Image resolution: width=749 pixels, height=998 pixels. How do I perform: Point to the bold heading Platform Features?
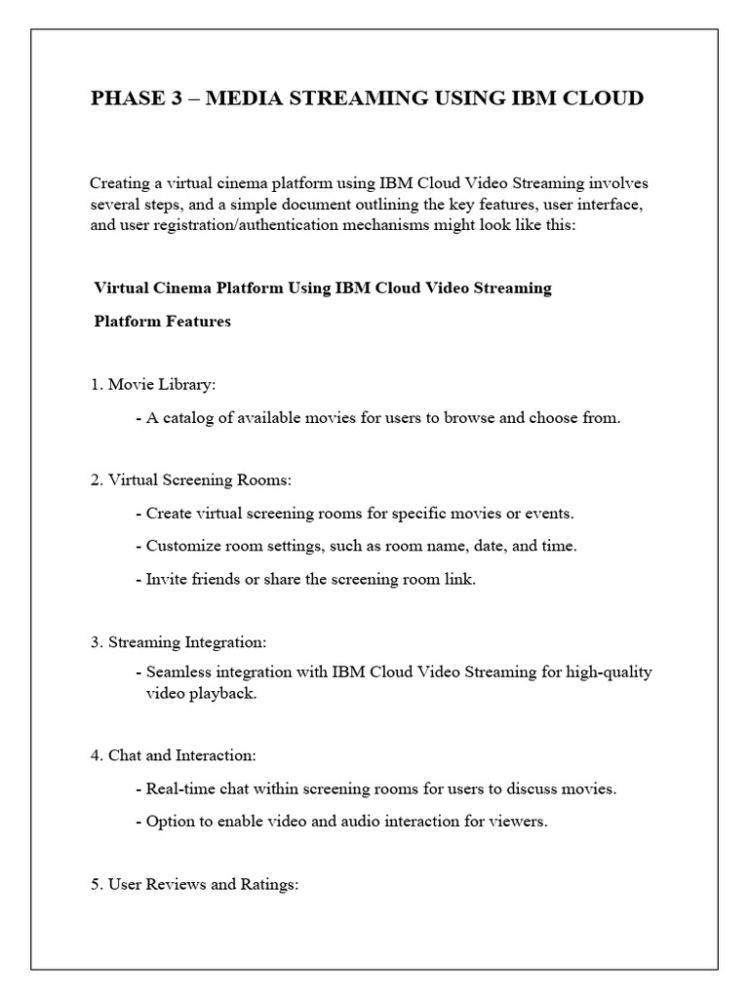click(x=162, y=321)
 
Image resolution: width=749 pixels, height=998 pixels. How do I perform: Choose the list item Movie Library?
click(x=152, y=385)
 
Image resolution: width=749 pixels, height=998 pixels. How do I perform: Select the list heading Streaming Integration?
click(x=177, y=642)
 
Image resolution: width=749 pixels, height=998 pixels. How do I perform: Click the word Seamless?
click(x=179, y=672)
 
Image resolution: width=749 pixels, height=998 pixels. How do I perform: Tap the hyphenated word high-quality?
click(x=609, y=672)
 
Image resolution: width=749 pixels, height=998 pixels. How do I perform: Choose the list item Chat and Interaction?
click(x=173, y=755)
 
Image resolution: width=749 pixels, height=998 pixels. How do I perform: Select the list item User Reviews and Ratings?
click(x=193, y=885)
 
